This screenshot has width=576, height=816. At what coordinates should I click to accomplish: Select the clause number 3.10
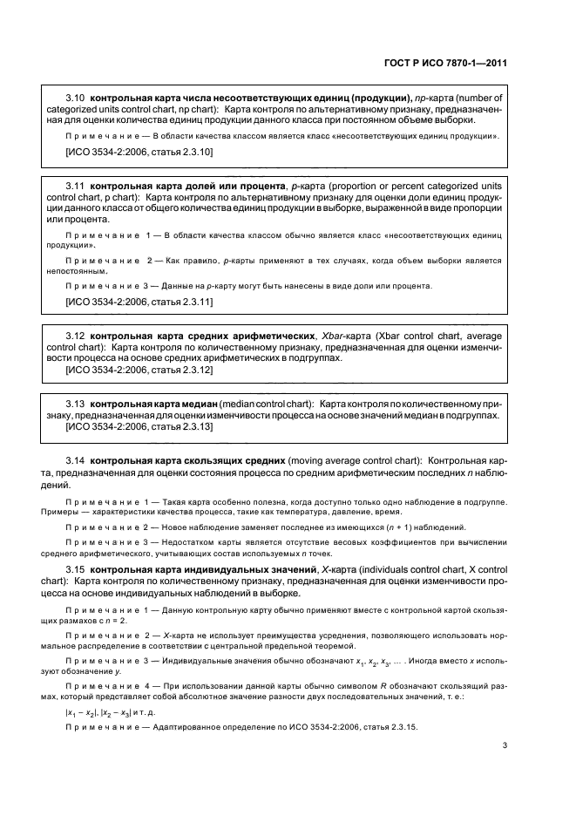[76, 99]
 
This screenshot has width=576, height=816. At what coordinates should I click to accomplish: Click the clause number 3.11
[76, 187]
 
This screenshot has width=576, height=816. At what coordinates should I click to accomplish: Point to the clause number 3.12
[76, 335]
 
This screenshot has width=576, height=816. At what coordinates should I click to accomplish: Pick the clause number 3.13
[76, 405]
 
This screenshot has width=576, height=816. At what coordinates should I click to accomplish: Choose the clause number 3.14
[76, 459]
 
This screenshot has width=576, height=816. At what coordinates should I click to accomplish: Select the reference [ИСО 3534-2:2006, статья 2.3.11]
[139, 302]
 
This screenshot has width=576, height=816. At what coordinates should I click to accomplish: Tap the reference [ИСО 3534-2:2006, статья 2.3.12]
[139, 370]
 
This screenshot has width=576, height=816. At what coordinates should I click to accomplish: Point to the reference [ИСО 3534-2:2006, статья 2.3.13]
[139, 427]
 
